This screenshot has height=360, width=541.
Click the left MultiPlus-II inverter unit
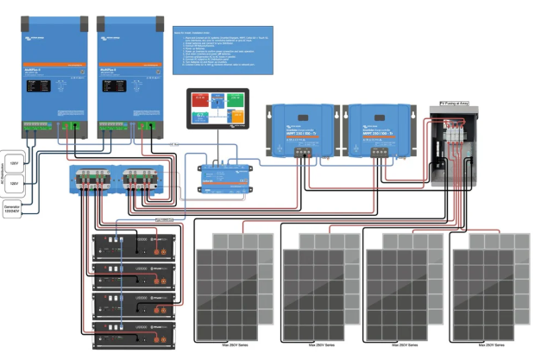click(x=51, y=78)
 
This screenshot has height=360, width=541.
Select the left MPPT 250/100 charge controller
click(x=300, y=129)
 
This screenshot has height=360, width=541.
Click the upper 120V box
click(x=15, y=160)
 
